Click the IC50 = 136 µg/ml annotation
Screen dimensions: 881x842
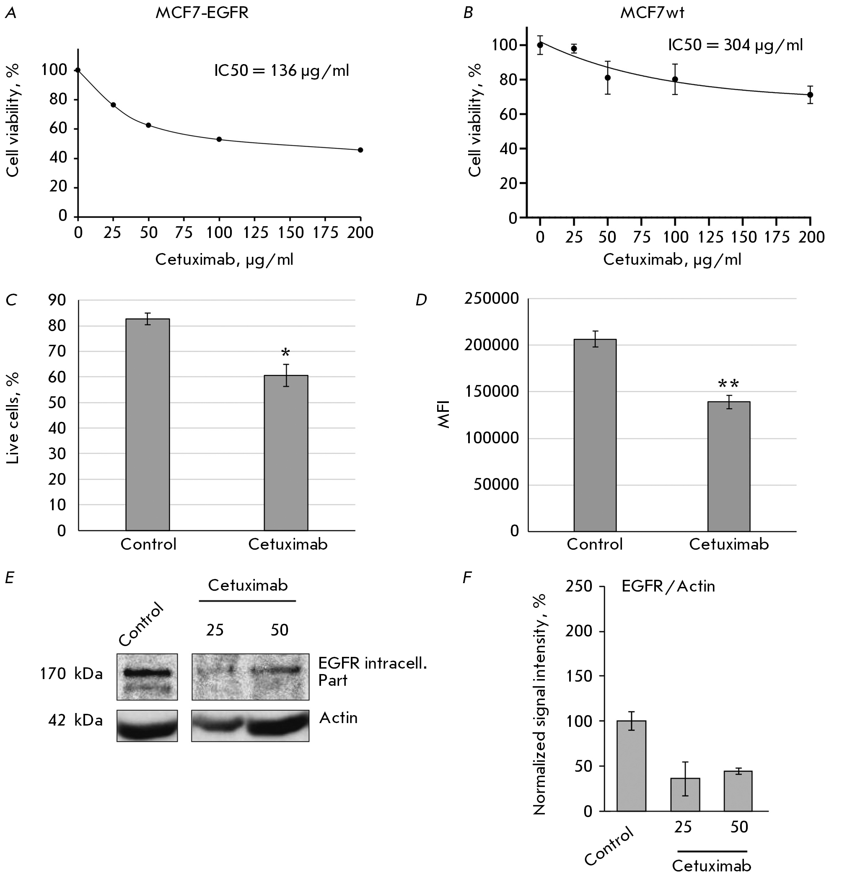coord(281,71)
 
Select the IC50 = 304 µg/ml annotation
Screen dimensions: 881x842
coord(735,45)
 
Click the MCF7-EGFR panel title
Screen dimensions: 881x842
coord(202,13)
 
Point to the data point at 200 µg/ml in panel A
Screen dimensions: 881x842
coord(360,150)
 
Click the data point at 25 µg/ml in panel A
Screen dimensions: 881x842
coord(113,104)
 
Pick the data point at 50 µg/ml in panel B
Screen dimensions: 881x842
coord(608,78)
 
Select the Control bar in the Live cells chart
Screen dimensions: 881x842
coord(148,424)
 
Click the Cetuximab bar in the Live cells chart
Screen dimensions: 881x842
coord(286,452)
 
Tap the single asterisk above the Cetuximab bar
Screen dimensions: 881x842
coord(285,353)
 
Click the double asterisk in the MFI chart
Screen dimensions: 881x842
coord(728,384)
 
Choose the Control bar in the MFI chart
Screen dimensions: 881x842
coord(595,435)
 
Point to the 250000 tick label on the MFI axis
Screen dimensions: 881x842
coord(492,299)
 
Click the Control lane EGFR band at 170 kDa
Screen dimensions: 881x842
coord(147,672)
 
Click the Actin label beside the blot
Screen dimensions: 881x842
coord(338,718)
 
